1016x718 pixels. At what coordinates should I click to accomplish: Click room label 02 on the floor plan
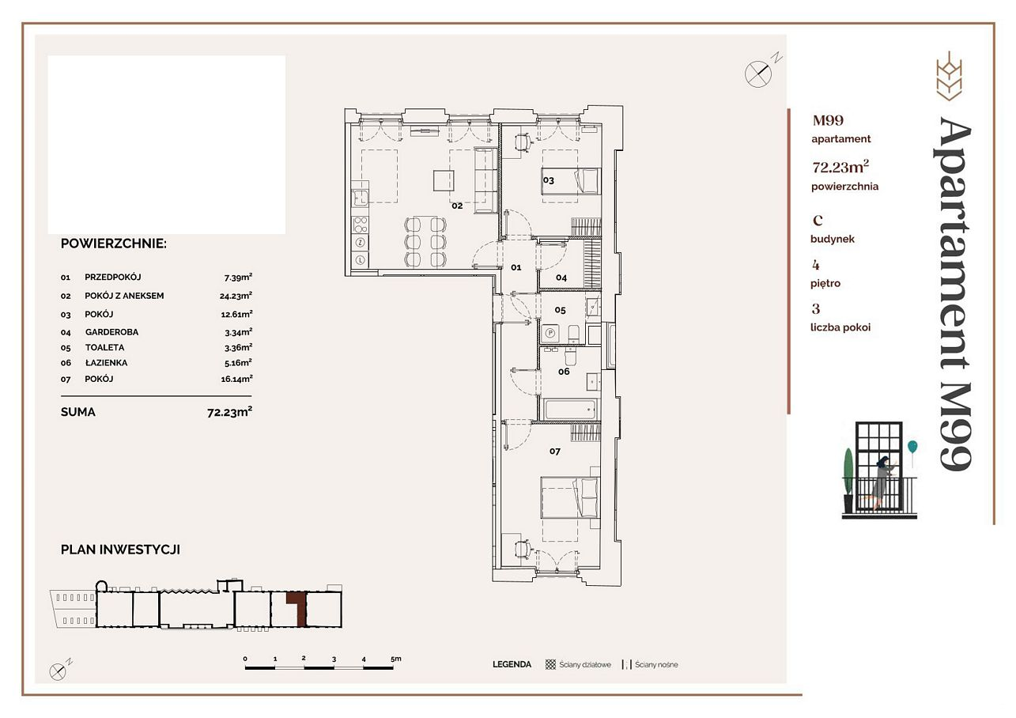coord(457,206)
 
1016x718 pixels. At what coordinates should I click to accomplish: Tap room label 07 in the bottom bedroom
coord(555,452)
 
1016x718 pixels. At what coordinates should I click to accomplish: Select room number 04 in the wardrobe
coord(561,278)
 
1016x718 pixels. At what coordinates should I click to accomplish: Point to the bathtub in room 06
coord(570,409)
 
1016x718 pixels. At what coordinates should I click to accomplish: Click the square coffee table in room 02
coord(444,180)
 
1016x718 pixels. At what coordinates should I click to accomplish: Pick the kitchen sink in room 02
coord(361,198)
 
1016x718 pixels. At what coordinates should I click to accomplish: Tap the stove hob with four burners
coord(361,225)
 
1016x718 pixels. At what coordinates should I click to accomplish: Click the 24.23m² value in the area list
coord(236,296)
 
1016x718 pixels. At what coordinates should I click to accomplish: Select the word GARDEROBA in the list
coord(111,332)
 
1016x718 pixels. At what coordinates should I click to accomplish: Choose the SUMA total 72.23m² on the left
coord(229,412)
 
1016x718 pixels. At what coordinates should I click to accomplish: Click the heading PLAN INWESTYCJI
coord(120,550)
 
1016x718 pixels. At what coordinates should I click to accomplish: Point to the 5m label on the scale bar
coord(396,659)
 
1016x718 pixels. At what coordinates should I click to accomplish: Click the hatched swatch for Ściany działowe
coord(550,664)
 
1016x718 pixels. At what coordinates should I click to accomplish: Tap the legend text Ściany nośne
coord(656,664)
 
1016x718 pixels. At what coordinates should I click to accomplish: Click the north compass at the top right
coord(758,74)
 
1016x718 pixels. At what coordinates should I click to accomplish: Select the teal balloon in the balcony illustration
coord(912,446)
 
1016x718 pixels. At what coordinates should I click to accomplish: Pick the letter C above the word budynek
coord(818,221)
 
